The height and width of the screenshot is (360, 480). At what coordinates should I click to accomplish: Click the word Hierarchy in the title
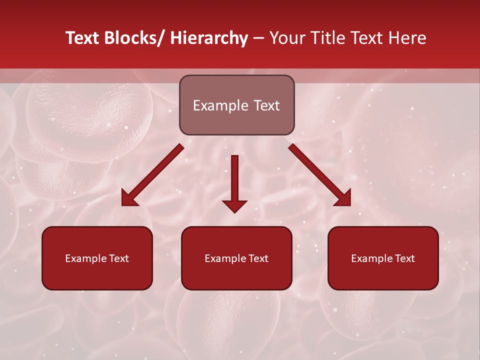point(209,38)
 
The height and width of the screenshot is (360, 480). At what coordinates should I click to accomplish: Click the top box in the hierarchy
point(236,105)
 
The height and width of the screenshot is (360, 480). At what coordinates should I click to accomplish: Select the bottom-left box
point(97,258)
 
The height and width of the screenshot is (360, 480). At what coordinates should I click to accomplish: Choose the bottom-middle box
point(236,258)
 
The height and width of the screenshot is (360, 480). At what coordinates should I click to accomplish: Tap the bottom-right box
point(383,258)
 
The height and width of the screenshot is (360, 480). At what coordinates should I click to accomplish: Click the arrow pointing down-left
point(152,175)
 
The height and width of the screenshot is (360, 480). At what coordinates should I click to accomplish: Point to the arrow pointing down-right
point(320,175)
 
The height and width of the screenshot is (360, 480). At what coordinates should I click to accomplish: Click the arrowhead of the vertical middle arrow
point(235,205)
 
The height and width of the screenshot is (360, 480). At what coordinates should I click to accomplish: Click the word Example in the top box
point(220,105)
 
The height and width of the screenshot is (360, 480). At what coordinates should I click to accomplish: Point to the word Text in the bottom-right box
point(404,258)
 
